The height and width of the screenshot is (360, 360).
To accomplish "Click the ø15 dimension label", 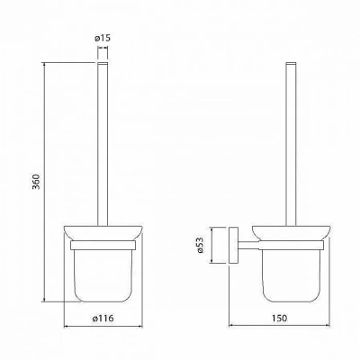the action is (x=103, y=38).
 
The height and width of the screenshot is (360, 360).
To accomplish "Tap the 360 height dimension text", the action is (x=36, y=182).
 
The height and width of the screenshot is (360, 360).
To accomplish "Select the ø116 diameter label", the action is (x=103, y=318).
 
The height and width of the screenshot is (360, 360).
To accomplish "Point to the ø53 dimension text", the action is (x=200, y=245).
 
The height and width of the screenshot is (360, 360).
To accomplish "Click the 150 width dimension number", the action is (x=280, y=318).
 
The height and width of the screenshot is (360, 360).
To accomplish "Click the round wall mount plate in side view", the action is (x=233, y=246).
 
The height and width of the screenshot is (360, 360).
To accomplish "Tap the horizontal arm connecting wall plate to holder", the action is (x=248, y=245).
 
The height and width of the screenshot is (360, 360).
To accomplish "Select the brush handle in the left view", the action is (x=103, y=144).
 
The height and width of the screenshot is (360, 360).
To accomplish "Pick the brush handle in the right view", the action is (x=291, y=144).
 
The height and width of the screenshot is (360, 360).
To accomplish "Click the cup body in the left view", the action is (x=103, y=275).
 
